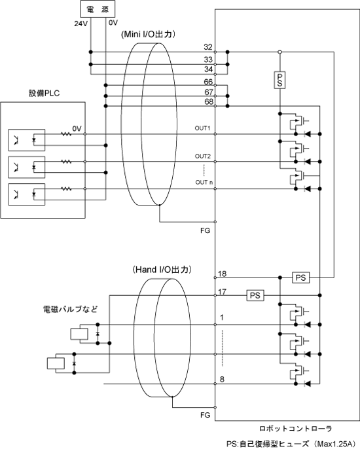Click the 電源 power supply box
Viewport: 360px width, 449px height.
[98, 9]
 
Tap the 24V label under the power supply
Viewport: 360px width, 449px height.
[81, 24]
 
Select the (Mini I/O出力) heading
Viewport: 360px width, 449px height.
[149, 34]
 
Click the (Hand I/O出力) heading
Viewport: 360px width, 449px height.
[162, 270]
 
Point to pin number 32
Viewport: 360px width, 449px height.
[208, 47]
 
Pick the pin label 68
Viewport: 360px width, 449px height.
[209, 101]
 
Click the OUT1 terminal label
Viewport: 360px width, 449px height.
[202, 128]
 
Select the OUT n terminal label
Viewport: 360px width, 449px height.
[204, 183]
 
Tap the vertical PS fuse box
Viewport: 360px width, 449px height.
[279, 80]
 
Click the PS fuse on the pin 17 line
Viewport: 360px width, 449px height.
[255, 295]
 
